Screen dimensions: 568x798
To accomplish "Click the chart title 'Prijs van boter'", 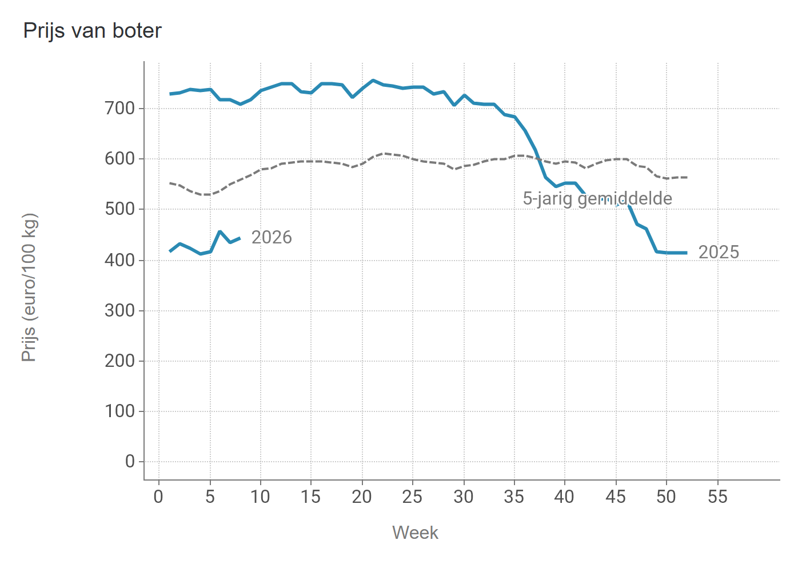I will pos(92,31).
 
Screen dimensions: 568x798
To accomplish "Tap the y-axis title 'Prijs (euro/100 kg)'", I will pos(29,287).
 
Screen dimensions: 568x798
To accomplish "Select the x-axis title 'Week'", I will pos(415,533).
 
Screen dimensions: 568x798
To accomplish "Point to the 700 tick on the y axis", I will pos(120,108).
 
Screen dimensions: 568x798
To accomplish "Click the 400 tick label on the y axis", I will pos(120,260).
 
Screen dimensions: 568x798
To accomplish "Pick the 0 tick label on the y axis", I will pos(130,462).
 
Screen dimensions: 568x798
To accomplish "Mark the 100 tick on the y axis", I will pos(120,411).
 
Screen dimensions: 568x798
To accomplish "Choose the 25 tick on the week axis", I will pos(412,497).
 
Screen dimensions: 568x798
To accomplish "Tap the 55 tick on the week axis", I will pos(717,497).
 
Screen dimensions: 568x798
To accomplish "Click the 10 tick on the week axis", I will pos(260,497).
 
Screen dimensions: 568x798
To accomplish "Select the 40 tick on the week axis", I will pos(564,497).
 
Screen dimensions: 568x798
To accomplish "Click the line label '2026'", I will pos(272,237).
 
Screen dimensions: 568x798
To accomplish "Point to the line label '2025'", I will pos(719,252).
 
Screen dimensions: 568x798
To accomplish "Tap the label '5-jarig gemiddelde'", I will pos(597,199).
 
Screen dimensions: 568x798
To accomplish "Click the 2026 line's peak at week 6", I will pos(220,231).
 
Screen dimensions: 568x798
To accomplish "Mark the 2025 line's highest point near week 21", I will pos(373,81).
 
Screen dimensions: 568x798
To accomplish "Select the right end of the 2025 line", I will pos(687,253).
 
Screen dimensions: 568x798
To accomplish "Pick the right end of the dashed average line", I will pos(687,177).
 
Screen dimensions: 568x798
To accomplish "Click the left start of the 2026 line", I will pos(170,251).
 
